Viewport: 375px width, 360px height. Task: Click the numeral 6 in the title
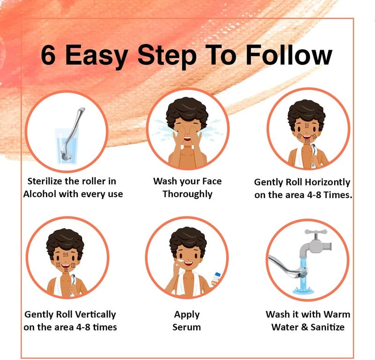tap(48, 55)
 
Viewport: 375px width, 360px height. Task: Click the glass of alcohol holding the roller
tap(67, 146)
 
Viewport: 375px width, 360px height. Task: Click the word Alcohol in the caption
tap(40, 194)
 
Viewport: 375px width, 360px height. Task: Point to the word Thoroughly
tap(187, 194)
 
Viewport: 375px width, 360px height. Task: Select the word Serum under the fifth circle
tap(187, 327)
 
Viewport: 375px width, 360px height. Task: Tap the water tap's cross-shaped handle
tap(316, 232)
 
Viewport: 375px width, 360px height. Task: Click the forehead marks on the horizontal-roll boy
tap(307, 125)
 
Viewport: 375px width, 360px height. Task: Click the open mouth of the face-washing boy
tap(187, 139)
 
